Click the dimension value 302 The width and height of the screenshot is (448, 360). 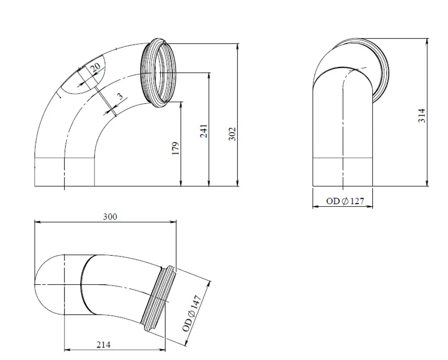[233, 134]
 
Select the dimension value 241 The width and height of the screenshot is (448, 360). [204, 131]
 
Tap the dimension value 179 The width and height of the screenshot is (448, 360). [176, 148]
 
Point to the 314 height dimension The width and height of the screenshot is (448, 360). [422, 116]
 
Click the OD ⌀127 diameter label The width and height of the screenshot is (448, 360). [345, 201]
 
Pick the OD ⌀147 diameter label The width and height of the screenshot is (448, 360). [192, 313]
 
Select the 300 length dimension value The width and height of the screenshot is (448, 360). [110, 217]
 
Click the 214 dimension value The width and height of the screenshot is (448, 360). [103, 345]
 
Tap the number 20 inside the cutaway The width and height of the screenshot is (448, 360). [96, 68]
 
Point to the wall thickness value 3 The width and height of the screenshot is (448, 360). [121, 96]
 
